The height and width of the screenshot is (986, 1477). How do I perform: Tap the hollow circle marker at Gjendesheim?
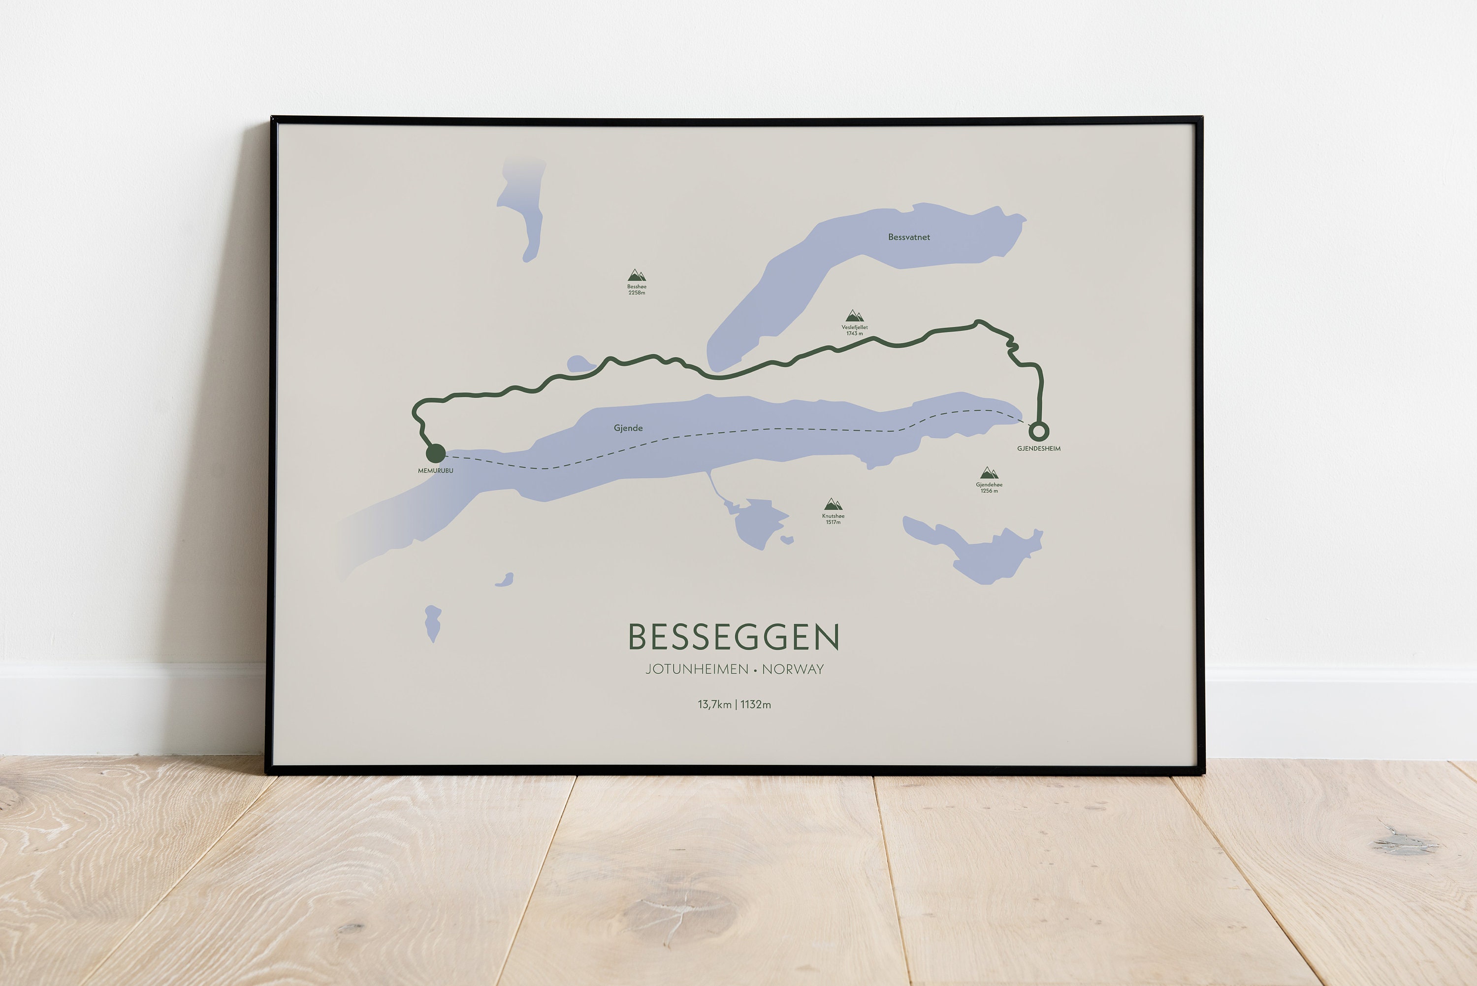click(x=1039, y=431)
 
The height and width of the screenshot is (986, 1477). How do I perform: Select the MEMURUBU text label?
click(x=436, y=470)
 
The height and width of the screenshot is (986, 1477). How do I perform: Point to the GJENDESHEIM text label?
click(x=1039, y=448)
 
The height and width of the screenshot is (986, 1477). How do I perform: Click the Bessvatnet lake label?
click(x=909, y=237)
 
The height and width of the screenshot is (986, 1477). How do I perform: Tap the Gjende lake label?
click(x=628, y=428)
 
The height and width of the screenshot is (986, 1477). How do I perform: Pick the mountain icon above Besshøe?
click(x=637, y=275)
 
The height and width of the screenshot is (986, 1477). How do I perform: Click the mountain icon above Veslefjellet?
click(x=854, y=316)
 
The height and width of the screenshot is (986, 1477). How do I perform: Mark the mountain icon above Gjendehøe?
click(x=989, y=473)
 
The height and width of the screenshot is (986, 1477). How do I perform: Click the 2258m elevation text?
click(x=637, y=293)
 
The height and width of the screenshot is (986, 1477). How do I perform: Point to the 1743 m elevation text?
click(x=855, y=333)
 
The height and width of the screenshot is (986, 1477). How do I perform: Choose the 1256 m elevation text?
click(x=989, y=491)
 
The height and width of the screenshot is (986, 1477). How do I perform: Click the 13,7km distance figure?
click(x=714, y=704)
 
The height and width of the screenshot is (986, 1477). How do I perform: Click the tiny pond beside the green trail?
click(x=579, y=363)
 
